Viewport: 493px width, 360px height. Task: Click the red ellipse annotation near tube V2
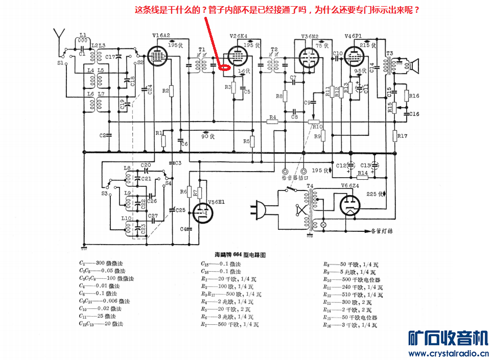point(224,66)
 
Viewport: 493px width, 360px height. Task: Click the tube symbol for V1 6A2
point(158,55)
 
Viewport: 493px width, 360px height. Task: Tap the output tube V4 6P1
point(354,55)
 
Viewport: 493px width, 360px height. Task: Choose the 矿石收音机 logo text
point(449,338)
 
